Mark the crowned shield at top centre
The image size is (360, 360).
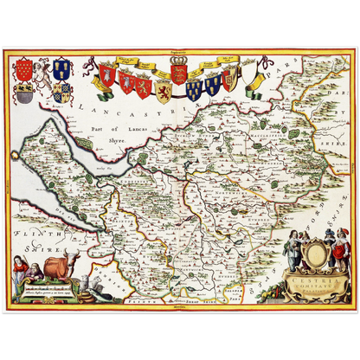(x=179, y=73)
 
